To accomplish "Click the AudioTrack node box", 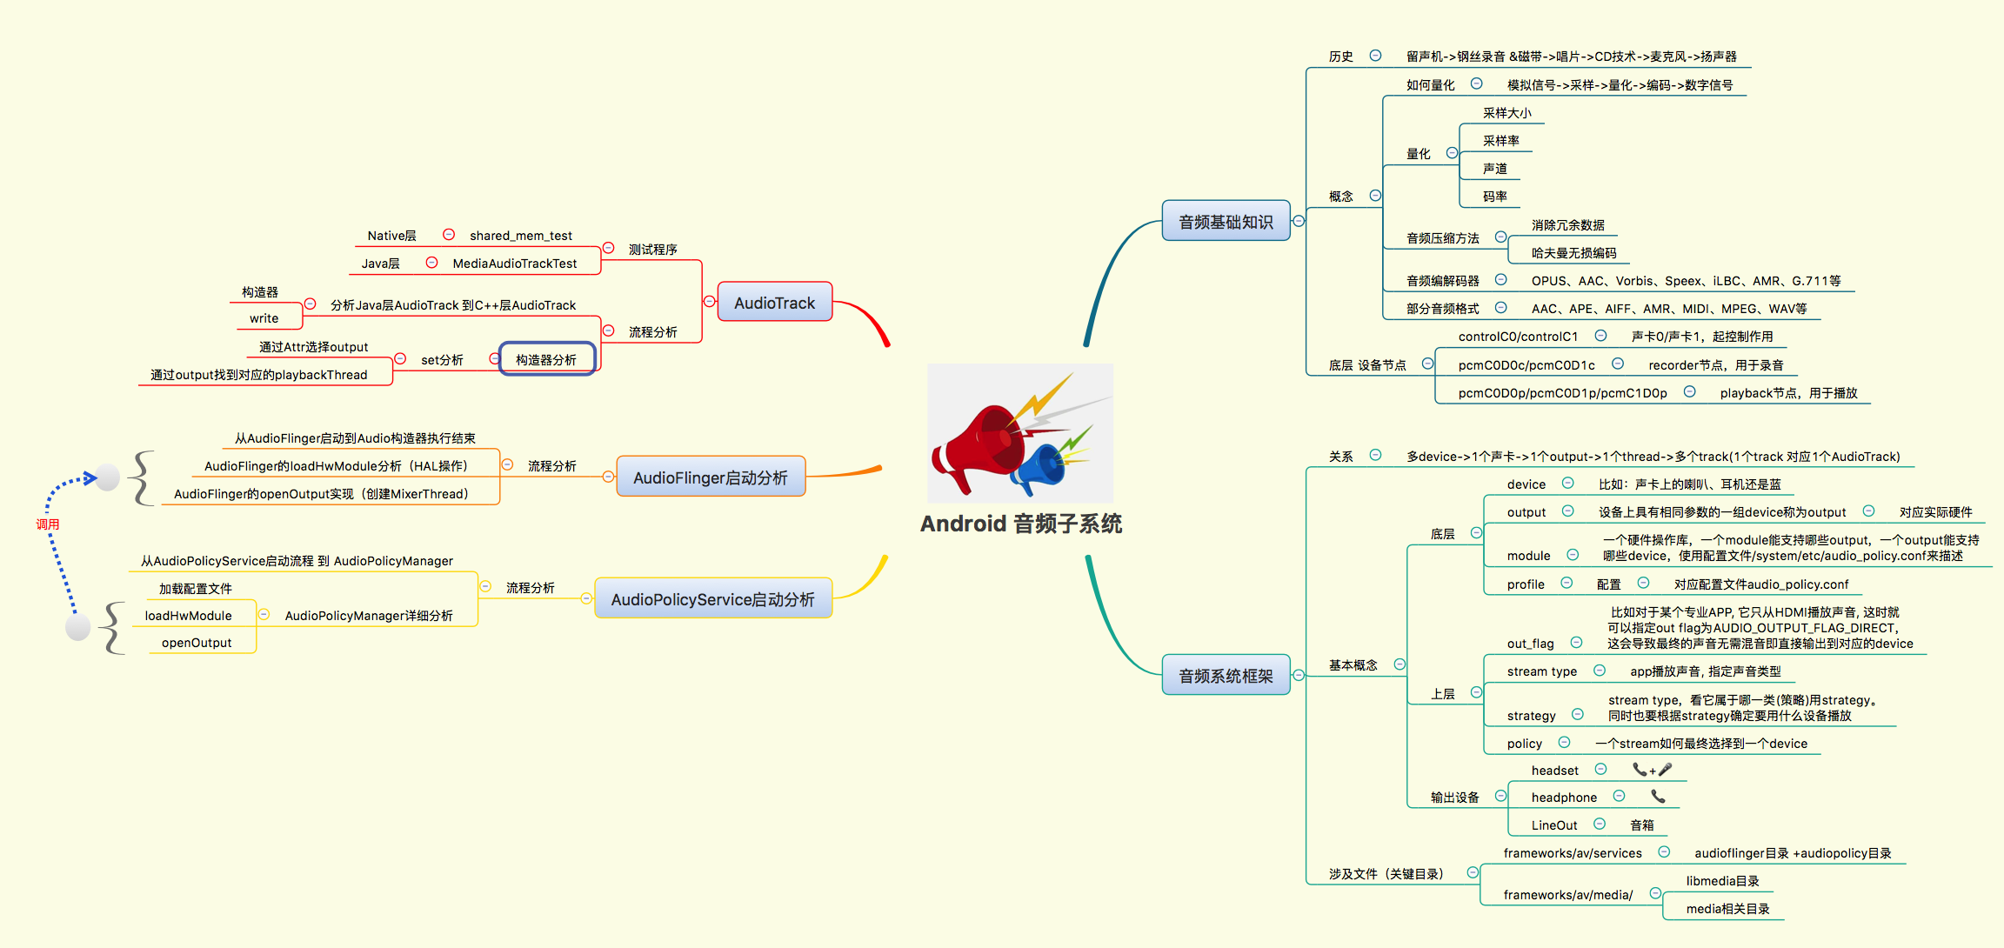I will [774, 303].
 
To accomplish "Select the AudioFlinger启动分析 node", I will [710, 477].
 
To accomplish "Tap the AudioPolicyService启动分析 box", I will [712, 599].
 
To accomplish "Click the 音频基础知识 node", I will [1225, 222].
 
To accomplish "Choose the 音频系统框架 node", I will [1225, 676].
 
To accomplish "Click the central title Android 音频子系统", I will [1021, 524].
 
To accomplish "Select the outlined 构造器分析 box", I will [546, 359].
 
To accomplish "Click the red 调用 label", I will [48, 524].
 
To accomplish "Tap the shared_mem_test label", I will [520, 236].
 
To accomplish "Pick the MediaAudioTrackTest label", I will [514, 264].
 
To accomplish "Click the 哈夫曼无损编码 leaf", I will [1573, 253].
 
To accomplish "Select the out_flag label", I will [1530, 644].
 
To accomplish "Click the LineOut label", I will [1553, 825].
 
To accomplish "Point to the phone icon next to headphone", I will [1658, 797].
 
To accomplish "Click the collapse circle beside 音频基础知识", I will [1299, 221].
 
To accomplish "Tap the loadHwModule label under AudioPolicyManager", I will [188, 616].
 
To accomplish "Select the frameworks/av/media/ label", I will [1567, 895].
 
